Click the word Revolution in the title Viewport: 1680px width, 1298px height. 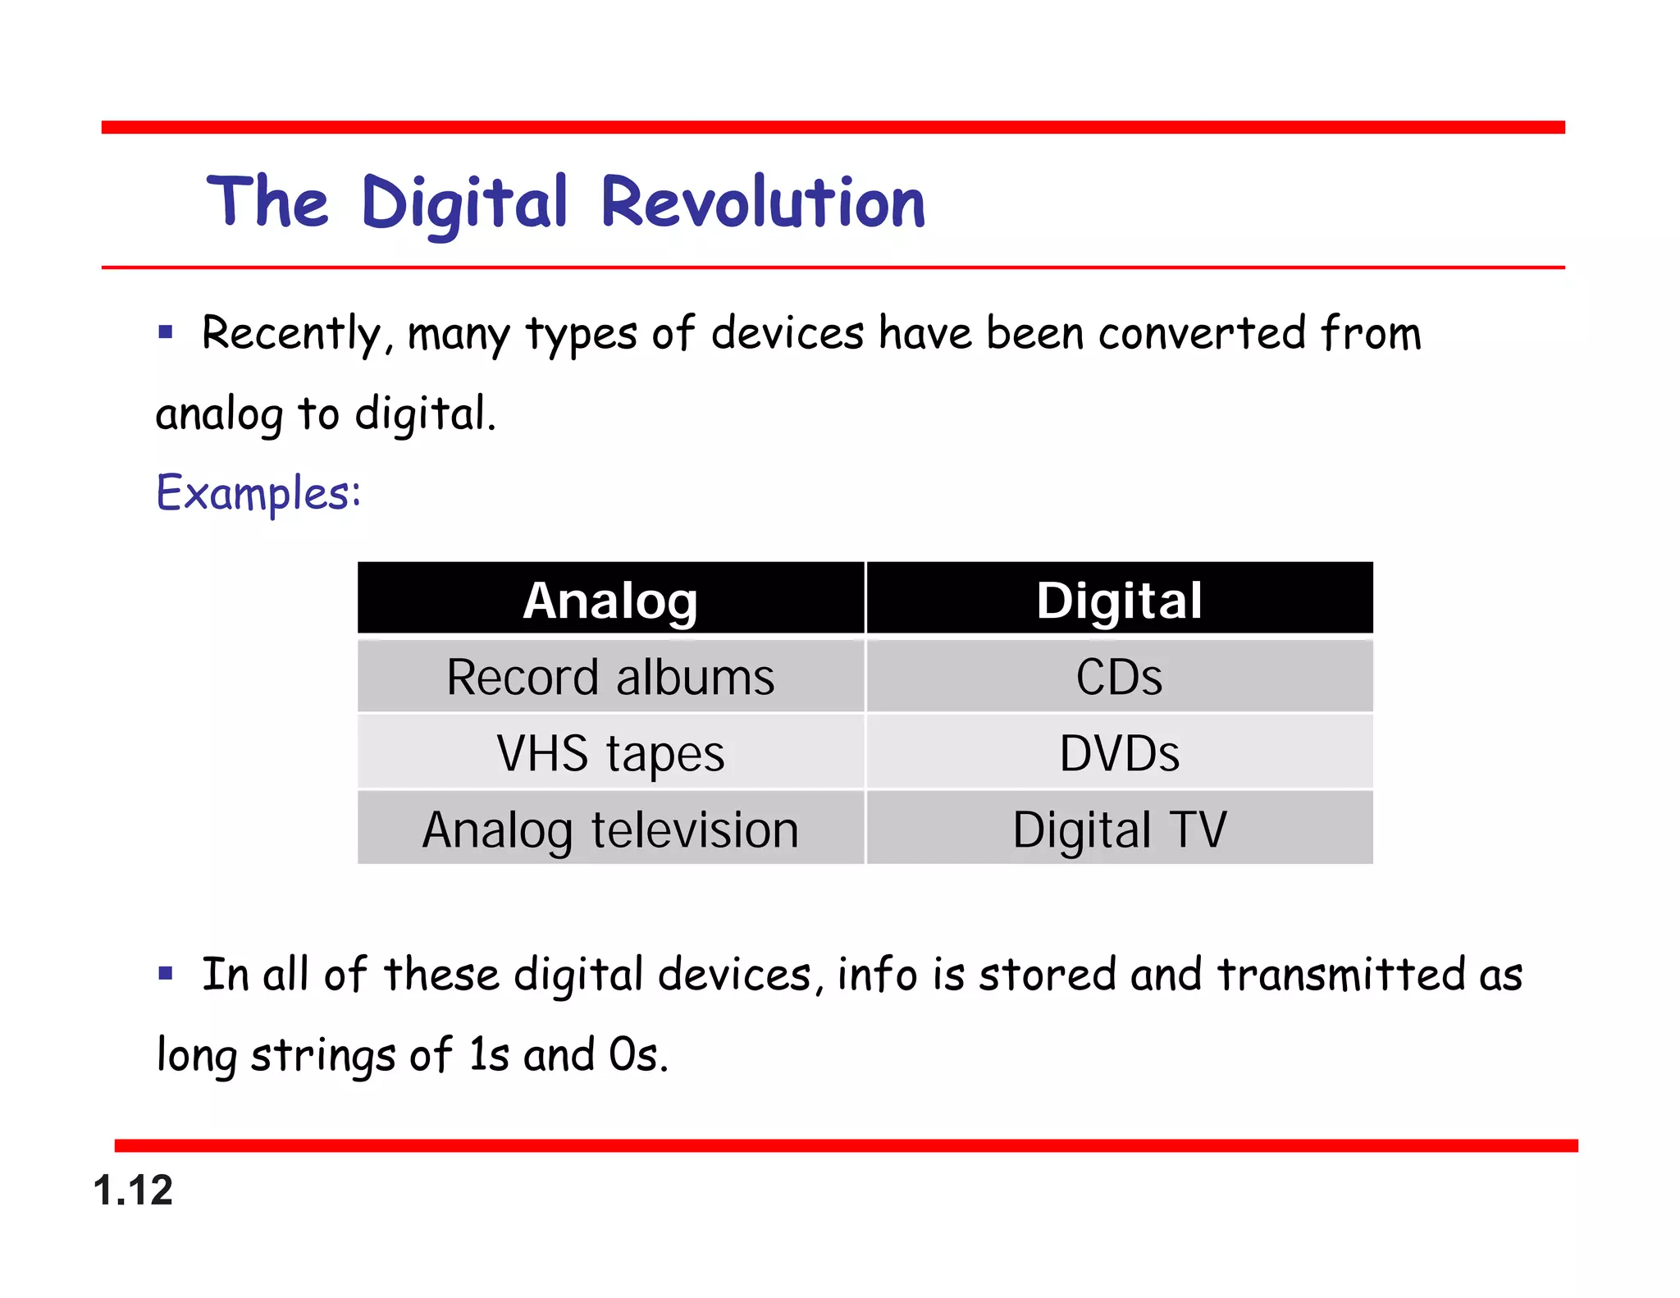coord(763,203)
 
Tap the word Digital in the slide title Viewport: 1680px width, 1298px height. coord(464,204)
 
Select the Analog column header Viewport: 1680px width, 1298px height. coord(610,600)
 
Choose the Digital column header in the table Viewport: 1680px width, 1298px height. coord(1119,600)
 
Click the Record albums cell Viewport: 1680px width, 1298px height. coord(610,677)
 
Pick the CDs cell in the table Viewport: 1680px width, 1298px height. coord(1119,677)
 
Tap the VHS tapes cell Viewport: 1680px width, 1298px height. coord(610,753)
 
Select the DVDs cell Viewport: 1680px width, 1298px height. coord(1119,753)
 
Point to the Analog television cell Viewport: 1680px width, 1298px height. coord(610,829)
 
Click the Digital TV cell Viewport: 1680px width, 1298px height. coord(1119,829)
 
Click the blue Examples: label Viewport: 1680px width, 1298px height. coord(258,493)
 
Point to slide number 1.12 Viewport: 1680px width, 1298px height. coord(133,1190)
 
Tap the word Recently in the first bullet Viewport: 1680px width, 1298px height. coord(292,335)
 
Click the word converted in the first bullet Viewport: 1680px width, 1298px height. coord(1202,333)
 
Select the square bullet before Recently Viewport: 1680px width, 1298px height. coord(167,332)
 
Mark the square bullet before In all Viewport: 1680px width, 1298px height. coord(167,974)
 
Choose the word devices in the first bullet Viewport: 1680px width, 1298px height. coord(787,333)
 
